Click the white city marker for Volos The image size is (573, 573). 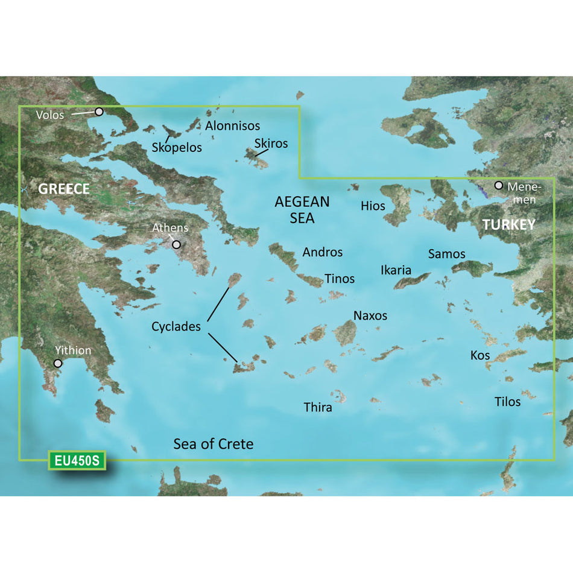coord(99,112)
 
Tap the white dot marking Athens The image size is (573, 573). coord(176,245)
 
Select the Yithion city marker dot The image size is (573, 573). coord(58,364)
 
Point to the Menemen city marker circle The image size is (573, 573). coord(499,185)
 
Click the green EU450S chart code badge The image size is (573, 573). coord(77,461)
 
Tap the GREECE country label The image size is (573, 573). coord(64,189)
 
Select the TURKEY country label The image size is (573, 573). coord(508,225)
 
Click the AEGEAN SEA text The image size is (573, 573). coord(302,209)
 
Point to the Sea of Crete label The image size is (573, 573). coord(214,445)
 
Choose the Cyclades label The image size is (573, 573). coord(176,327)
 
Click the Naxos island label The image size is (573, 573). coord(370,315)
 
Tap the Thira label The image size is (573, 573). coord(318,408)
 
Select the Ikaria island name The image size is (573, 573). coord(396,270)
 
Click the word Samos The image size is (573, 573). coord(446,254)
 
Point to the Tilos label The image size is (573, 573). coord(507,401)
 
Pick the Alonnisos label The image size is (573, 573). coord(232,125)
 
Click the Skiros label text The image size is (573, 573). coord(271,144)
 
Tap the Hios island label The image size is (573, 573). coord(373,206)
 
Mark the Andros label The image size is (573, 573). coord(323,252)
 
